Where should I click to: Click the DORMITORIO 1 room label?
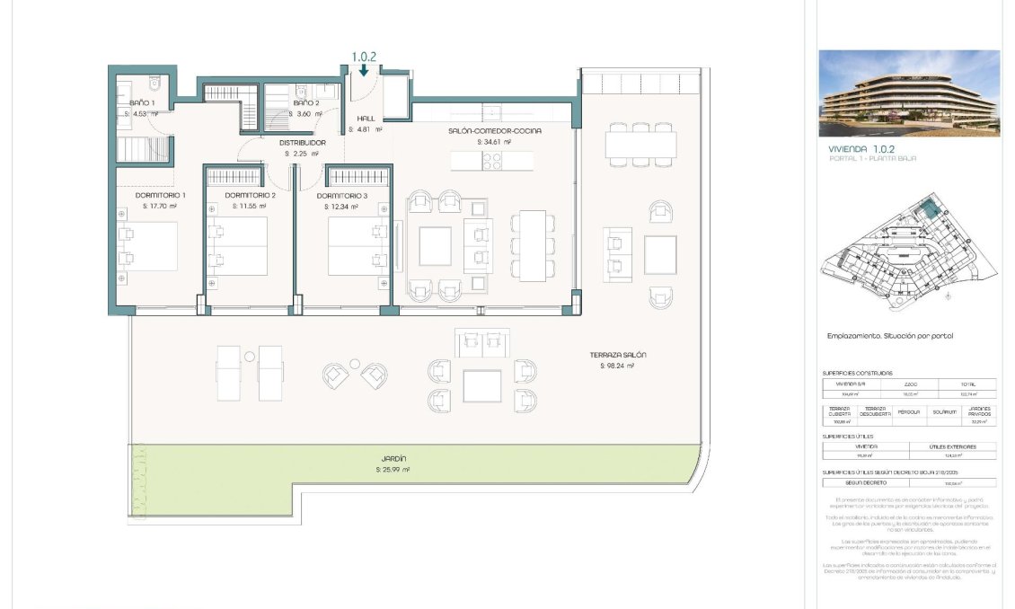[161, 195]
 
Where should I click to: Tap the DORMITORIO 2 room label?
[250, 195]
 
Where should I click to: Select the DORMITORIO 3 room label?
[342, 195]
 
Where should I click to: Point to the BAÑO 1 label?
[141, 103]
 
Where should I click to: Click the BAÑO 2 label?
[306, 103]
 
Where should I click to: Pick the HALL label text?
[366, 118]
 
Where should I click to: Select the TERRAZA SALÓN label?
[618, 355]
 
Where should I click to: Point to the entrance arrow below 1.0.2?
[363, 69]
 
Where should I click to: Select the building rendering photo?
[908, 93]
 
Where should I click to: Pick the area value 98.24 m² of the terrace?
[618, 366]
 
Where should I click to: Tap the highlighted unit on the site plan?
[928, 211]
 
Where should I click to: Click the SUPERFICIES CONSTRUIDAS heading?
[857, 373]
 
